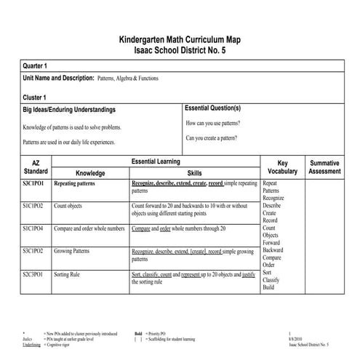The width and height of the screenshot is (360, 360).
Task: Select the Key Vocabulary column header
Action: pyautogui.click(x=283, y=167)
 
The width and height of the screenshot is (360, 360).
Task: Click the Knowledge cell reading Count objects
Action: pyautogui.click(x=73, y=206)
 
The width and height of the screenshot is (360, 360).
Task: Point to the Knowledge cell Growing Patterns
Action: pyautogui.click(x=77, y=251)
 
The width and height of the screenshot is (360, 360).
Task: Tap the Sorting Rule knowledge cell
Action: pyautogui.click(x=71, y=274)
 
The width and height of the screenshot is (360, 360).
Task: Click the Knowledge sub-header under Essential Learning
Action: pyautogui.click(x=90, y=174)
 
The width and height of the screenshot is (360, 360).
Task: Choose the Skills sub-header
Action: pyautogui.click(x=195, y=174)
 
